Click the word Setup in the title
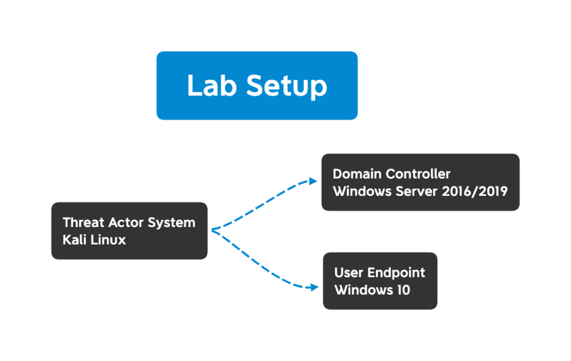coord(287,86)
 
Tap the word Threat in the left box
coord(84,223)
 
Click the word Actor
coord(129,223)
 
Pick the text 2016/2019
coord(475,191)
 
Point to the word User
coord(348,273)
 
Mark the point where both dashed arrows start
coord(212,230)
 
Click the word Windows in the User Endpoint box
coord(364,290)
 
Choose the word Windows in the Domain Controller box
coord(362,191)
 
